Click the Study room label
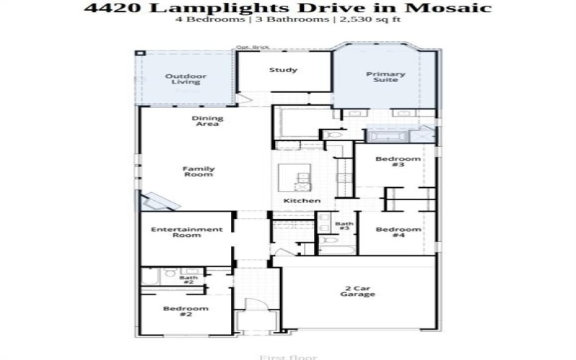(x=284, y=70)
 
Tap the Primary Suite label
(x=385, y=78)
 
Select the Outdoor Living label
(x=186, y=78)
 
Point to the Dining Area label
(x=207, y=121)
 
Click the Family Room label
(x=198, y=172)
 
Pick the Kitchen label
(x=302, y=200)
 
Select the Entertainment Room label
(x=186, y=233)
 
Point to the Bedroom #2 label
(x=185, y=312)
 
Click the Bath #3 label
(x=344, y=226)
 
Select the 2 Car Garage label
(x=357, y=291)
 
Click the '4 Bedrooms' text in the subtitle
(x=200, y=20)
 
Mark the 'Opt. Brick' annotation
(x=248, y=48)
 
